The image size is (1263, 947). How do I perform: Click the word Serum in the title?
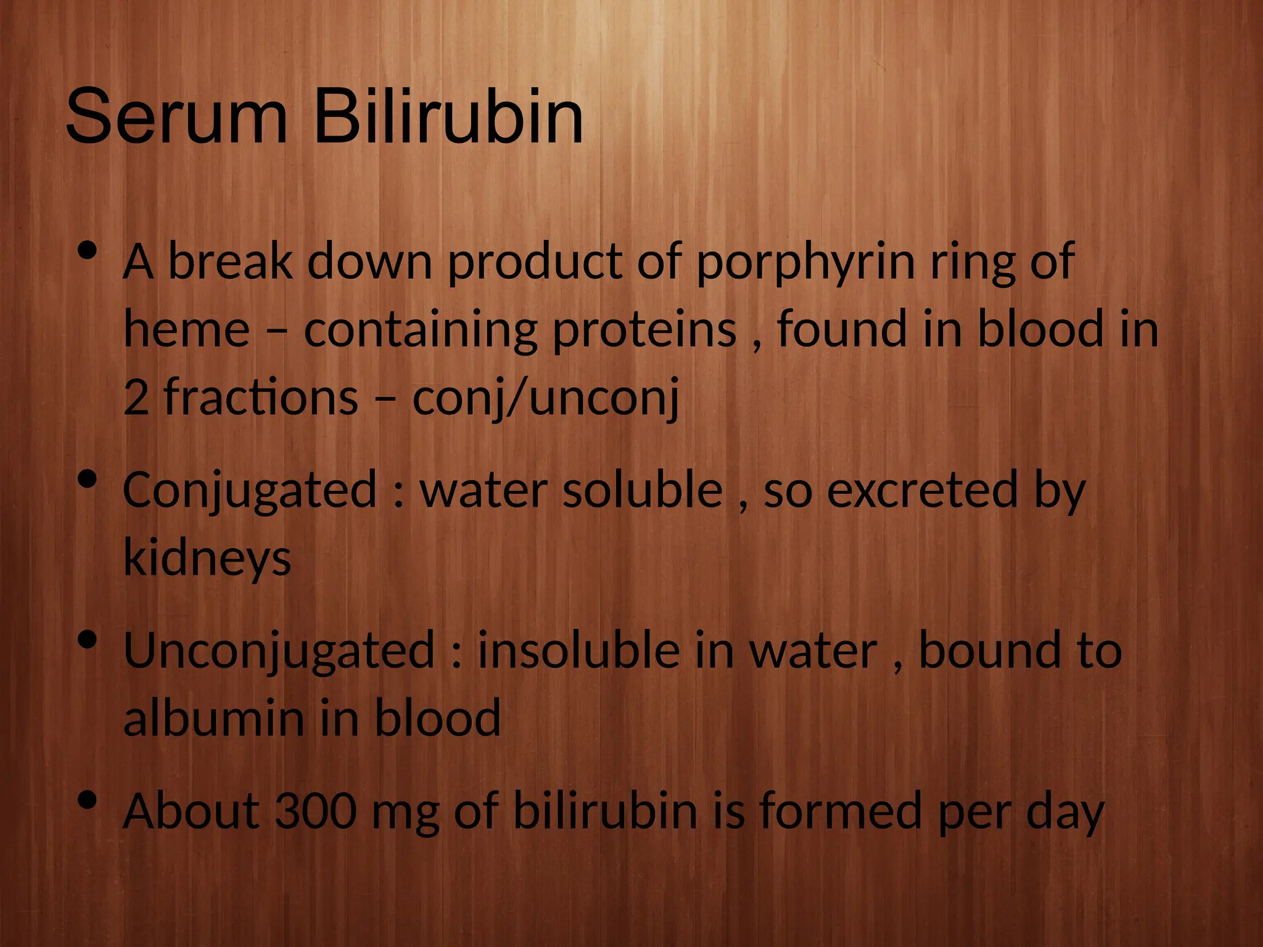176,117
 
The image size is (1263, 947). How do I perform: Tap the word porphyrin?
805,262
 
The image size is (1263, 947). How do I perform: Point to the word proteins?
644,330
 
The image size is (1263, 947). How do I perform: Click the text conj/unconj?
545,398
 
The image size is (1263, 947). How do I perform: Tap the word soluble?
643,490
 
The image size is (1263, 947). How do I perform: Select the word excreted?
922,490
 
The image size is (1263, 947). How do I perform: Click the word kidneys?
207,558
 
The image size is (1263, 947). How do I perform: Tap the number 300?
315,811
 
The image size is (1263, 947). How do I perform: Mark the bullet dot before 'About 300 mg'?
88,800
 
